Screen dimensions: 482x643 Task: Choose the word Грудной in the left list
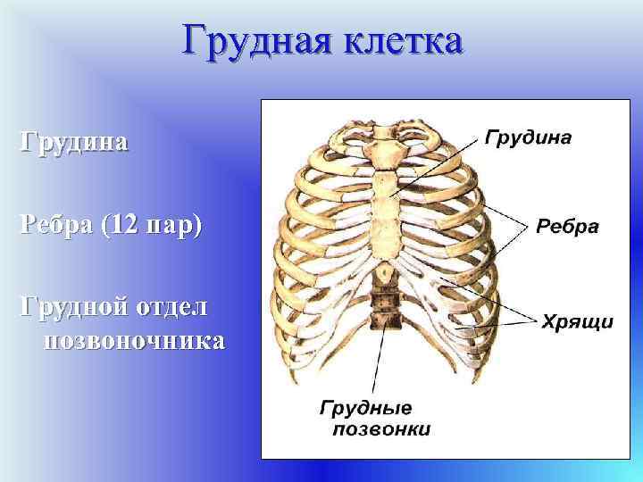click(76, 307)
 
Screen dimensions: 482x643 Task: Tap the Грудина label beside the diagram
click(528, 138)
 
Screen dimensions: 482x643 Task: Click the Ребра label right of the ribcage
click(567, 227)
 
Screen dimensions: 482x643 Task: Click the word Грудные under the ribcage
click(365, 409)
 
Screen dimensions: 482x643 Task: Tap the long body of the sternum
click(389, 214)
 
